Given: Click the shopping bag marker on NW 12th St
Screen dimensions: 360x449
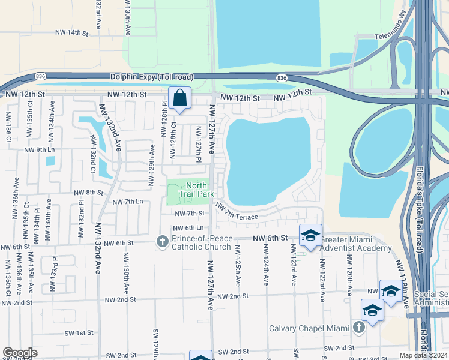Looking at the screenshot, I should pyautogui.click(x=179, y=98).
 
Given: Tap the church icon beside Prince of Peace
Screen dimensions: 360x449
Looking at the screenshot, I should pyautogui.click(x=161, y=242).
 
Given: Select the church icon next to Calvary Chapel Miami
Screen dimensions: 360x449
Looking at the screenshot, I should pyautogui.click(x=358, y=328).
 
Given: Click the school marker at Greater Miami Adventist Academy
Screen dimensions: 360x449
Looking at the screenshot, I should pyautogui.click(x=310, y=236).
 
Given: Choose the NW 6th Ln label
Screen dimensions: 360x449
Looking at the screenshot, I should pyautogui.click(x=189, y=228).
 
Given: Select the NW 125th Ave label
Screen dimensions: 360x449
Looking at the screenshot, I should pyautogui.click(x=238, y=265).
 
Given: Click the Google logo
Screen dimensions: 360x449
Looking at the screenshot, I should pyautogui.click(x=20, y=353).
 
